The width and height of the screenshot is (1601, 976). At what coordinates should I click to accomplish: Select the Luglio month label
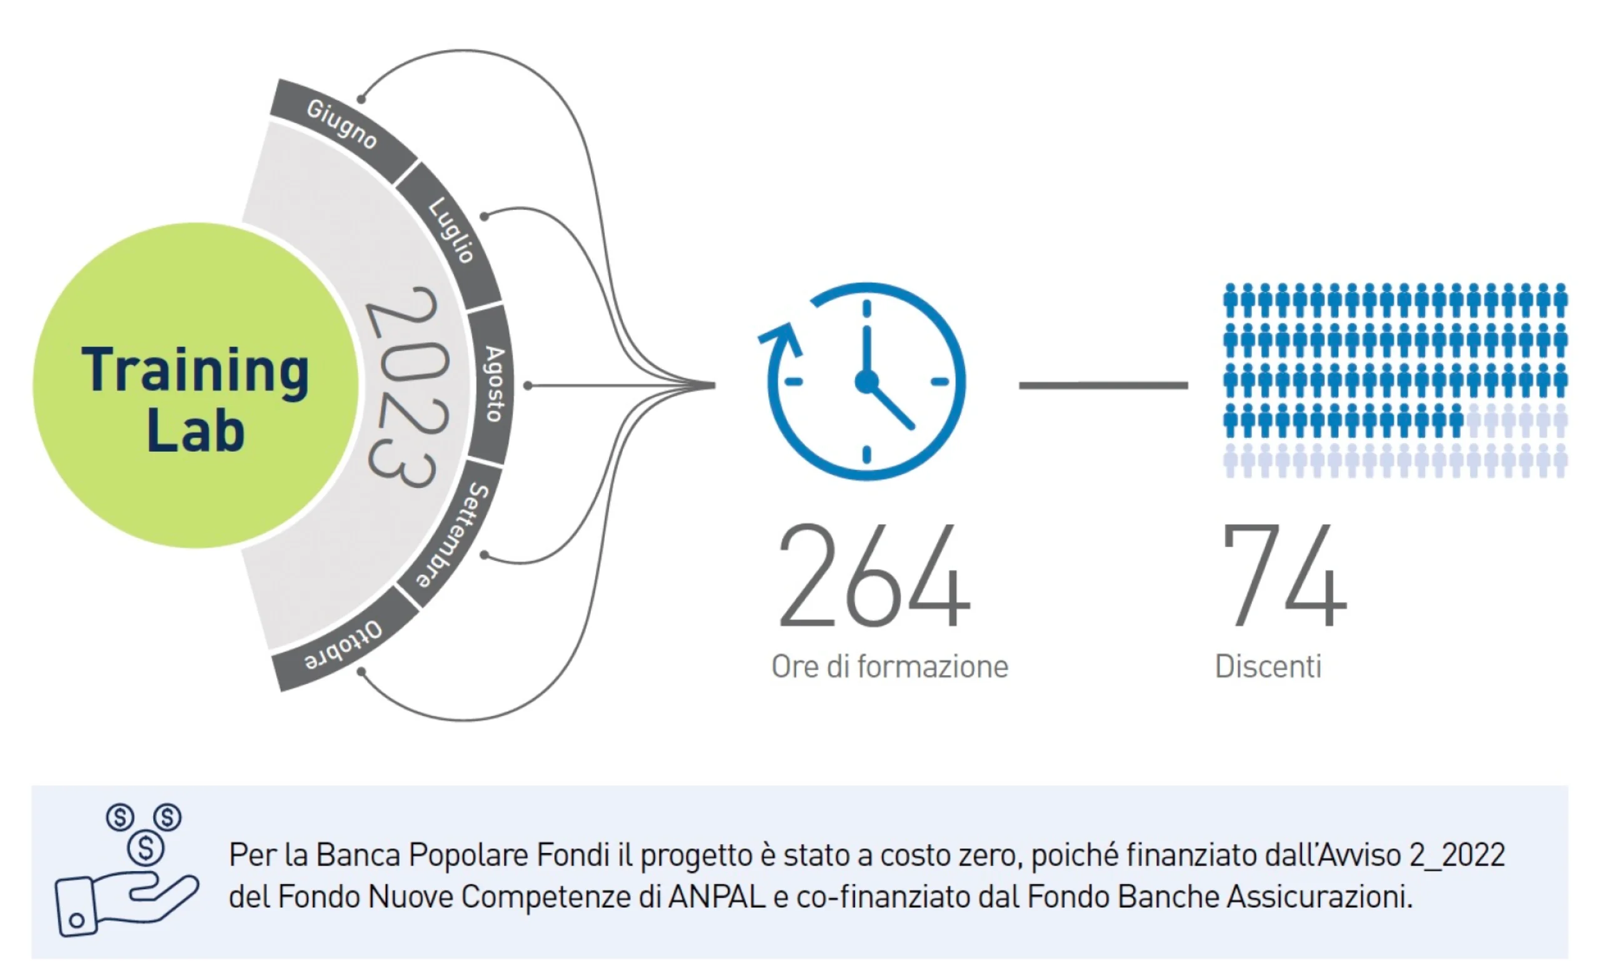(x=451, y=231)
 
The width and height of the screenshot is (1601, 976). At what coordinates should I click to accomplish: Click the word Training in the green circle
(x=195, y=372)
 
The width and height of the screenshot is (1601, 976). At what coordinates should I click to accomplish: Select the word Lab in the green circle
(x=196, y=430)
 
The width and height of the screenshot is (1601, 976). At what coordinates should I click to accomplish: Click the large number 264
(x=874, y=576)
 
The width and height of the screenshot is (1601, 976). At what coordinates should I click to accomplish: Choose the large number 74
(x=1285, y=576)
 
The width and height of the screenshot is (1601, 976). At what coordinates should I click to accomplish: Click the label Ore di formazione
(x=889, y=668)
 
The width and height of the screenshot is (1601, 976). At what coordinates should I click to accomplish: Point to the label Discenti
(x=1268, y=667)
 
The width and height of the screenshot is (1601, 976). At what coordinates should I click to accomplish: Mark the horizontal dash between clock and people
(x=1103, y=385)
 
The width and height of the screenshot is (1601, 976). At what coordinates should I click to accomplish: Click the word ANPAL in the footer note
(x=717, y=897)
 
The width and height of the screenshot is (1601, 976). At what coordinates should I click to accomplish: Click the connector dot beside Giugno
(x=361, y=99)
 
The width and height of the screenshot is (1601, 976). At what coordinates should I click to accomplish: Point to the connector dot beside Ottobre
(x=361, y=671)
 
